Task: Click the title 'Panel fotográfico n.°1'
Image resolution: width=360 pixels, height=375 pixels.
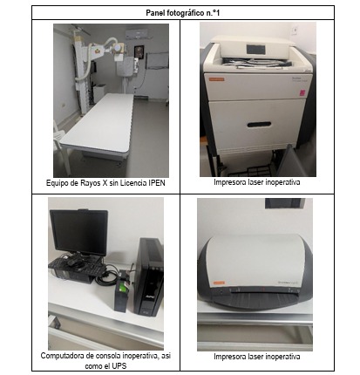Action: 183,13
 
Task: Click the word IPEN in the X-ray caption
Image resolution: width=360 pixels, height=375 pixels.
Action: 157,183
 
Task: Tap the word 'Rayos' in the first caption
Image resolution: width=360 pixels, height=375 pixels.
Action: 89,183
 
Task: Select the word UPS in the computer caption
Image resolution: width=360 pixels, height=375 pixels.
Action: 120,366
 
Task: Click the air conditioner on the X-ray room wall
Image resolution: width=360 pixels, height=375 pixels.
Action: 138,33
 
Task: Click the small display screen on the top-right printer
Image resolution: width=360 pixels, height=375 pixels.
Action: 255,49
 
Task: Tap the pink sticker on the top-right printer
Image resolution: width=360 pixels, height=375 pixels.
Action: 302,92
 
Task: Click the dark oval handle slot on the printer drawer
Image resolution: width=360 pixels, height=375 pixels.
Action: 259,125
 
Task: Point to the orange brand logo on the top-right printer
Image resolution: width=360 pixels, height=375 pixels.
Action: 218,79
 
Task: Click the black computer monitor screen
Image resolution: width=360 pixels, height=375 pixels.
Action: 78,232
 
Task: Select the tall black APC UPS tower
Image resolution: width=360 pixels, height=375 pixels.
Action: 149,277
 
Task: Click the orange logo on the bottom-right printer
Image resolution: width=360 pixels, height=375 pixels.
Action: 219,283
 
